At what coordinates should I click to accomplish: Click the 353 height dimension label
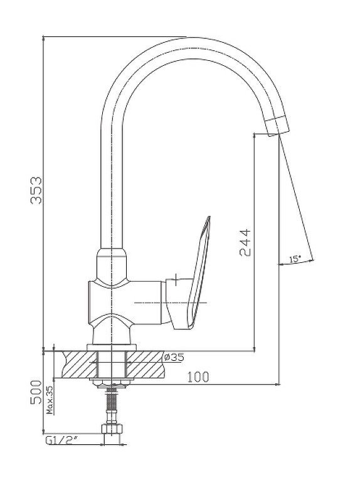tap(36, 190)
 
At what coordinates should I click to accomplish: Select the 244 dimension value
tap(245, 242)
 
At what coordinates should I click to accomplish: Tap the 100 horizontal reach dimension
tap(198, 377)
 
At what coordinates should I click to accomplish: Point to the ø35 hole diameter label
tap(174, 357)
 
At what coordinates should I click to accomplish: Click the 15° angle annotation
tap(295, 259)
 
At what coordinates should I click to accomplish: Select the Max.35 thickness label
tap(50, 400)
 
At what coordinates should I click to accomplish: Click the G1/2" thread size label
tap(62, 441)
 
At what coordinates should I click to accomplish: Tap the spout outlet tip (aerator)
tap(278, 126)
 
